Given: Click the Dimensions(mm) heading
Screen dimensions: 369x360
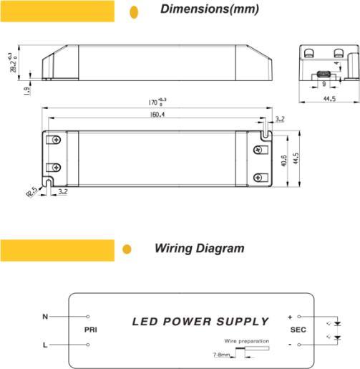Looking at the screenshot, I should (209, 10).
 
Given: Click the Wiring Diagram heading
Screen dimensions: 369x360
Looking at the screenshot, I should (199, 249).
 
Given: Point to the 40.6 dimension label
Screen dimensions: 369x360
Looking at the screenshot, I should (283, 160).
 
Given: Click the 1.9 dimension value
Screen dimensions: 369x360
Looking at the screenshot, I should (26, 90).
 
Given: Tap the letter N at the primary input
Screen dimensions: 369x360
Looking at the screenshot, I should (44, 316).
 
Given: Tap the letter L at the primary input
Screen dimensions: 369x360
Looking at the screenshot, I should (44, 345).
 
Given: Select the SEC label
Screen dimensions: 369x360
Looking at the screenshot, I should (298, 330).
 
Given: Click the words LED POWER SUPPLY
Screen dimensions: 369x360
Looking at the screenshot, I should (200, 322).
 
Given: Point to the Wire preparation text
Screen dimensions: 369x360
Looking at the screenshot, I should (246, 341).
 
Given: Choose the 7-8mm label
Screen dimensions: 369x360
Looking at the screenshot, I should (222, 355).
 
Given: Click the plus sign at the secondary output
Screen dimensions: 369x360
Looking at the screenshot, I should (290, 316).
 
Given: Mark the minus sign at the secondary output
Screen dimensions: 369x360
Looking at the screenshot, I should (290, 345).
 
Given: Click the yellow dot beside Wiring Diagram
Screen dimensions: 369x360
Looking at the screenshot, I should (127, 249).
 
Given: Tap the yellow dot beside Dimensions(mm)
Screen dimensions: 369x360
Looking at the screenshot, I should (133, 11).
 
